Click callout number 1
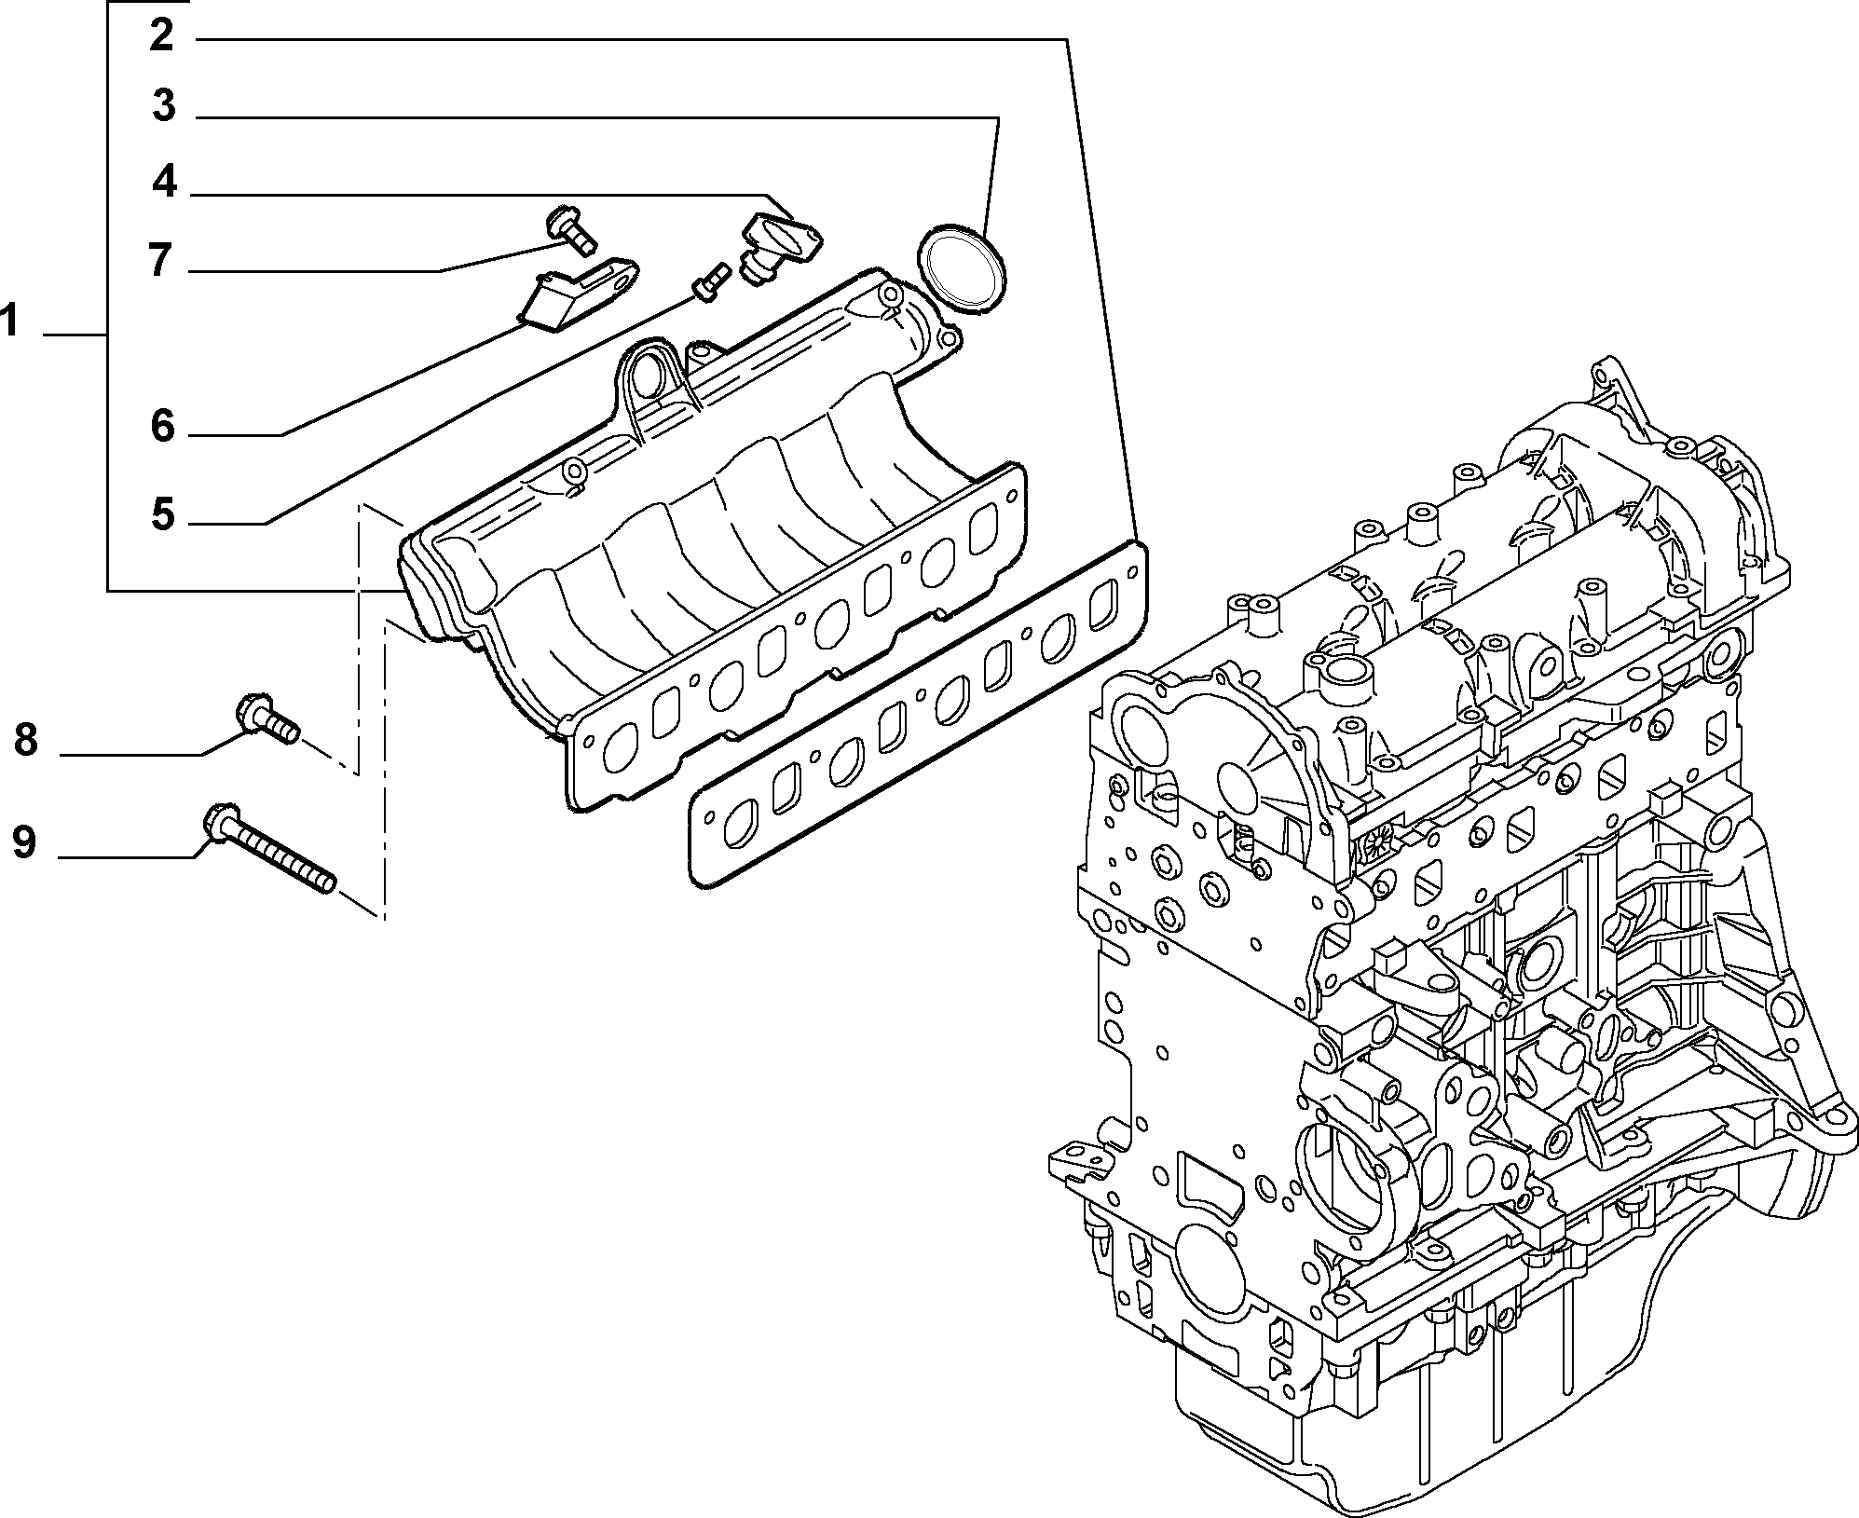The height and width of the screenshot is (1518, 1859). point(8,322)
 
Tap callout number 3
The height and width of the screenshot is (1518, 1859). point(164,106)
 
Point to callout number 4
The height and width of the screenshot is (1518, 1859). point(165,181)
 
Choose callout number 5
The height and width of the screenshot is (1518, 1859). point(163,513)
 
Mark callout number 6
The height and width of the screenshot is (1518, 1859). point(163,427)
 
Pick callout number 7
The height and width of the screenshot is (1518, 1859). point(160,260)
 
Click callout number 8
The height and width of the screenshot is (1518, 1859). point(25,741)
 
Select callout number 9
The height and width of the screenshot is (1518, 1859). point(24,842)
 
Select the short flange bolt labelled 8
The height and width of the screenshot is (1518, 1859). point(266,718)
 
